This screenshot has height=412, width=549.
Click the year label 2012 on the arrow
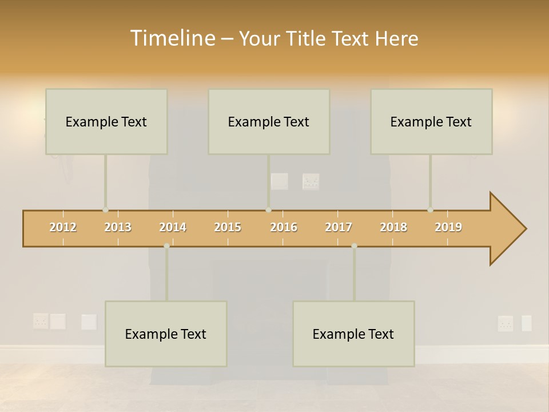click(x=63, y=227)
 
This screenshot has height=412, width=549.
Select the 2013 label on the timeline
click(x=118, y=227)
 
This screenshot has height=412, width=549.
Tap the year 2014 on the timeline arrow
click(x=173, y=227)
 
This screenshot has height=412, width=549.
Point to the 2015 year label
click(x=228, y=227)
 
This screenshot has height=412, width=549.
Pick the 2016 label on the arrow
click(x=284, y=227)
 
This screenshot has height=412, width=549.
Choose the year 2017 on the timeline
click(x=339, y=227)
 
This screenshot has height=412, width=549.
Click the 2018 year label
click(x=393, y=227)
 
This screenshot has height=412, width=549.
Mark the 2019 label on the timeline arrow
click(x=448, y=227)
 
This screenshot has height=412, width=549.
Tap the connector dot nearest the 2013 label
click(x=105, y=210)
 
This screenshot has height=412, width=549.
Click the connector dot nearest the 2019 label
click(x=430, y=210)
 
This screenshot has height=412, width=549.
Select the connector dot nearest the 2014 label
click(x=166, y=245)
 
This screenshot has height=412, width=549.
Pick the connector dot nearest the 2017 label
click(x=354, y=245)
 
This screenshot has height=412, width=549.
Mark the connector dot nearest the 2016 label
click(x=268, y=210)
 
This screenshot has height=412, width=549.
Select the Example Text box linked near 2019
click(x=431, y=121)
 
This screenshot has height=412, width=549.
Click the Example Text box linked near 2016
click(x=268, y=121)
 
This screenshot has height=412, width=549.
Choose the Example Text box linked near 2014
click(x=166, y=334)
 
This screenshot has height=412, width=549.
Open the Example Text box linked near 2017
click(x=353, y=334)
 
